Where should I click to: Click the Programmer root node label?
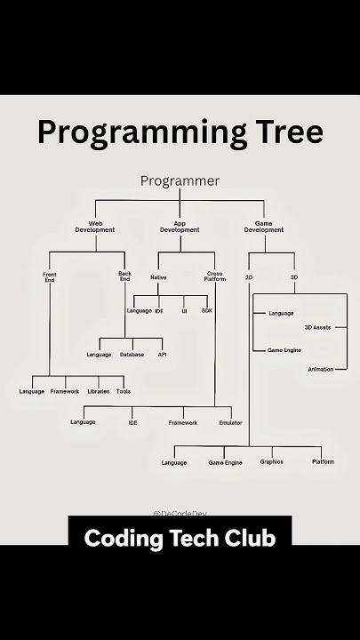(180, 181)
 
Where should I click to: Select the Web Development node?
(101, 227)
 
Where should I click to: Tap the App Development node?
(180, 227)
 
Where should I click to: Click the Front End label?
(49, 276)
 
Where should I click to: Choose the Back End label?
(124, 276)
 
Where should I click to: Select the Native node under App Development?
(158, 277)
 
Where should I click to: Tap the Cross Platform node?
(215, 276)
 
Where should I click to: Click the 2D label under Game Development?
(250, 278)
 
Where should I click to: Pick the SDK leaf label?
(207, 311)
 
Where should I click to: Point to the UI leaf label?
(184, 311)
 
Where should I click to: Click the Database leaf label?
(132, 355)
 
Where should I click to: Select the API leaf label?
(163, 355)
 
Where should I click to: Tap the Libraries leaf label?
(99, 391)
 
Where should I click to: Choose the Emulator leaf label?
(231, 422)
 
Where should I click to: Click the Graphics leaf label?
(271, 462)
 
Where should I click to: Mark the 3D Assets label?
(317, 327)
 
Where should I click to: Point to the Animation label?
(321, 368)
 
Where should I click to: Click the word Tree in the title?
(279, 132)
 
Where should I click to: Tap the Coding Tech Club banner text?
(180, 539)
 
